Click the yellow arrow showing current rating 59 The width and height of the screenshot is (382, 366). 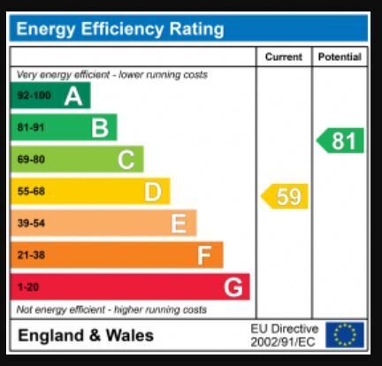point(285,196)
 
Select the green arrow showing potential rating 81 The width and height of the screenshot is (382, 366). point(340,141)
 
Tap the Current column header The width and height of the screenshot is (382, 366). point(284,57)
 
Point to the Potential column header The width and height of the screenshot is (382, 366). point(340,57)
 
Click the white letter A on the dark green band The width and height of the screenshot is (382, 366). point(73,96)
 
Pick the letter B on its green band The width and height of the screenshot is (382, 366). point(100,128)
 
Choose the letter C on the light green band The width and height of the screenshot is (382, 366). point(126,160)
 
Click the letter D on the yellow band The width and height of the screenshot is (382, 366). point(153,192)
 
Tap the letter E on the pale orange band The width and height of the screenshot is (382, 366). point(179,224)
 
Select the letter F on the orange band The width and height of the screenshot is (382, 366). point(204,255)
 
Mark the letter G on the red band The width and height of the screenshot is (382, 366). point(233,287)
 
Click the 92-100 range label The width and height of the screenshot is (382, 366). point(34,95)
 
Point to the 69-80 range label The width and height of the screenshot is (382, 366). point(31,159)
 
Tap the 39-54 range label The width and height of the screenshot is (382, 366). point(31,223)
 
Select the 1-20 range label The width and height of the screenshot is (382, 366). point(28,287)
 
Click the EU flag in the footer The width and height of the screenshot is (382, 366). point(345,335)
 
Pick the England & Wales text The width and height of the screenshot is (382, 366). point(86,335)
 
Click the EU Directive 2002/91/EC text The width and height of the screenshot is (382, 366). point(285,335)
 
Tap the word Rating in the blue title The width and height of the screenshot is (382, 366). point(196,29)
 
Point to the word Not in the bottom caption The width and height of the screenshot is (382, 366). point(23,309)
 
